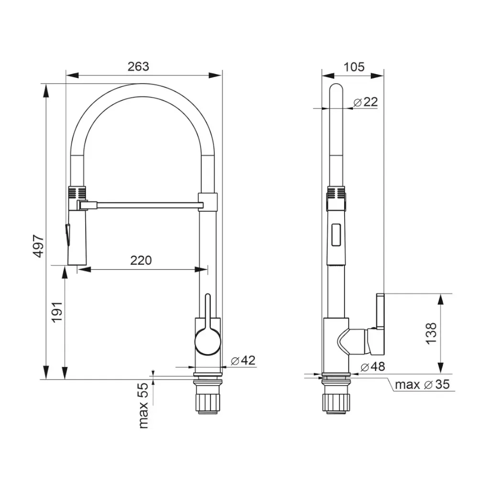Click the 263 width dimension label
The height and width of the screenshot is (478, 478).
[139, 66]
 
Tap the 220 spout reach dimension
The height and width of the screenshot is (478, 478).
[141, 261]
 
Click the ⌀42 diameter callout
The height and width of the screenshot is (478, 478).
[243, 360]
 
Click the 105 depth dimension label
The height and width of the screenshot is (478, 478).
[353, 66]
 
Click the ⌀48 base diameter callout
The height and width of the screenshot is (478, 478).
[372, 367]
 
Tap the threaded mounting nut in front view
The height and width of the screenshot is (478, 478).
[207, 399]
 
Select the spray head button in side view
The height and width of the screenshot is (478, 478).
[337, 235]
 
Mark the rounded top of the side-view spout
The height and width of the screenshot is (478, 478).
[337, 89]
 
